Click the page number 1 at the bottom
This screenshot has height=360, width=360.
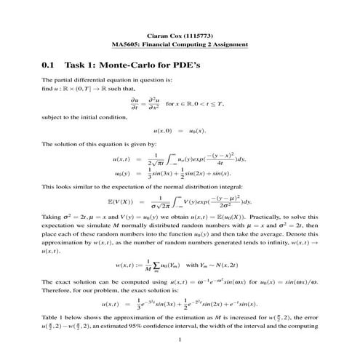point(180,340)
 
